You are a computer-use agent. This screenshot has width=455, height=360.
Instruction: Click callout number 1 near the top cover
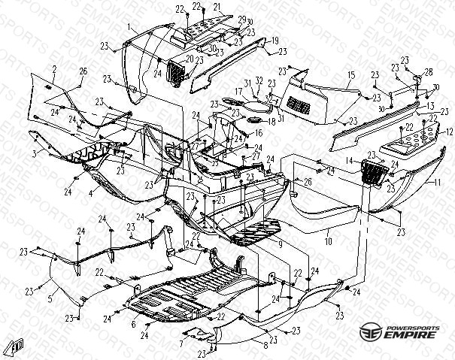(x=129, y=26)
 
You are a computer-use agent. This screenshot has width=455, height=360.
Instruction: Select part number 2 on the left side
(x=54, y=68)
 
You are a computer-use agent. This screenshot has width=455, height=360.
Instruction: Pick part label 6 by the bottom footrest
(x=134, y=325)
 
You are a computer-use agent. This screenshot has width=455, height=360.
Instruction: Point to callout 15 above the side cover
(x=351, y=76)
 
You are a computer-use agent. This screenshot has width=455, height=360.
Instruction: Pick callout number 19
(x=276, y=39)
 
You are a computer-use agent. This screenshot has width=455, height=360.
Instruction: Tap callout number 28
(x=429, y=72)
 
